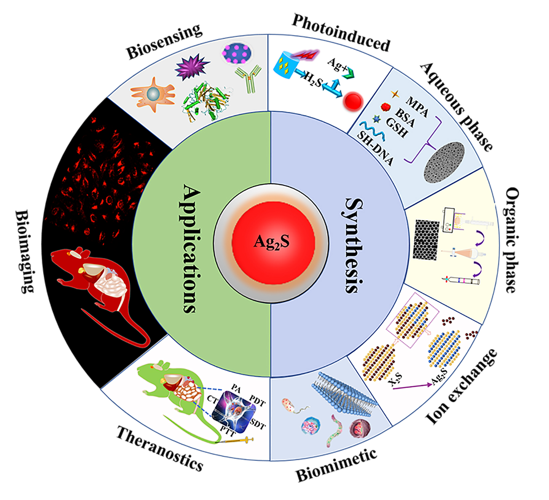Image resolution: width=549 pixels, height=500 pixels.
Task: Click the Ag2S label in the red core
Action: click(x=271, y=242)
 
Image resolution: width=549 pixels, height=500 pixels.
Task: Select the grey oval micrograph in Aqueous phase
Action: click(x=444, y=162)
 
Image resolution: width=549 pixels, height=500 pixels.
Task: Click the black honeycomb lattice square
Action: click(x=425, y=240)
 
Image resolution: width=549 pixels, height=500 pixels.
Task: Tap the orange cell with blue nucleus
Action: click(x=153, y=95)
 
